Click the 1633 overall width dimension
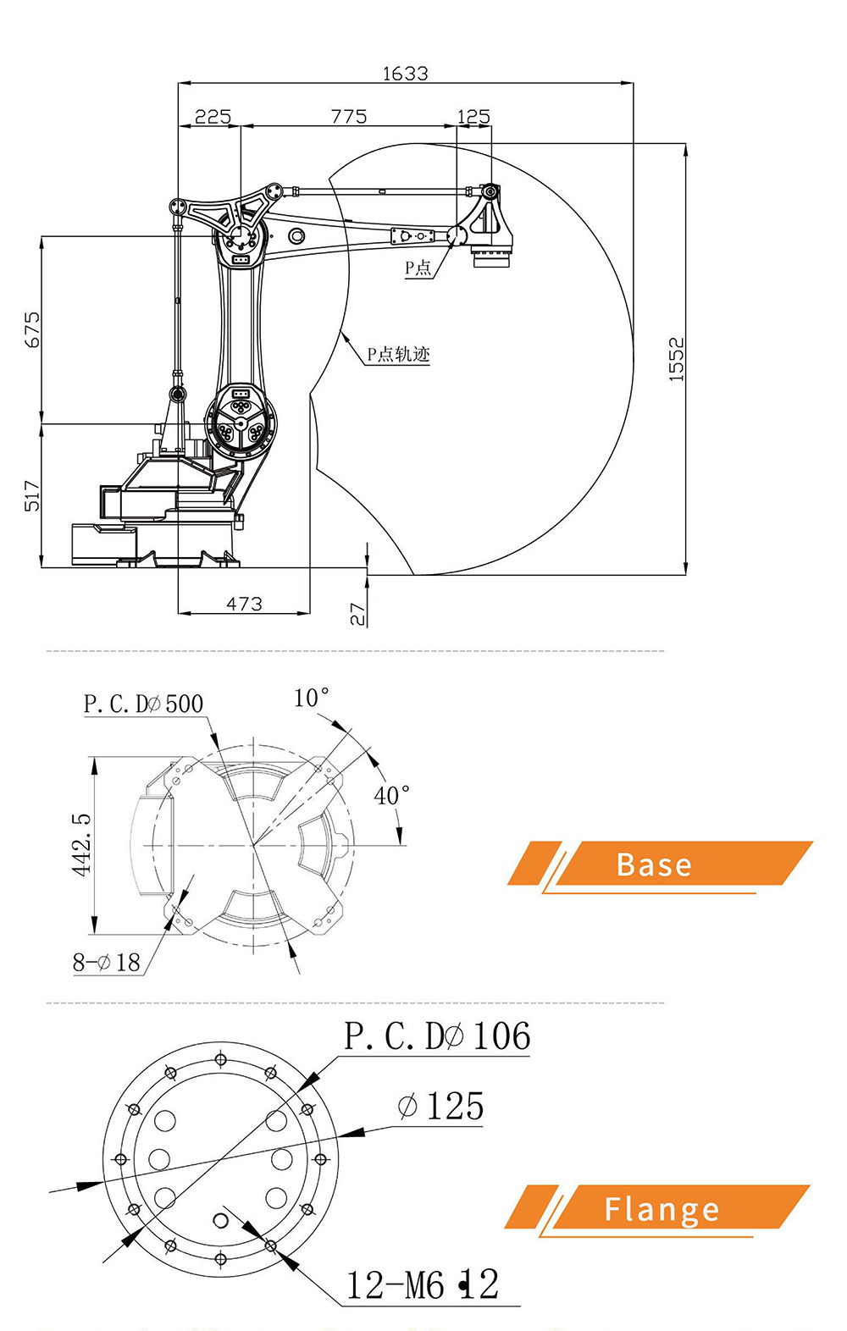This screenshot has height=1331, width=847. [405, 74]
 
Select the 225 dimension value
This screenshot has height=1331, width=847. [213, 116]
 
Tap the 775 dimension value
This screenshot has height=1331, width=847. [349, 116]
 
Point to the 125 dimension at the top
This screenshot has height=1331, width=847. [473, 116]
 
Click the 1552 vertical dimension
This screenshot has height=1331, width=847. [676, 359]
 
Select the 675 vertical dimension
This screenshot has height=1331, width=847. [32, 329]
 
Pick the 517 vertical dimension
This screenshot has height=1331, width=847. [32, 495]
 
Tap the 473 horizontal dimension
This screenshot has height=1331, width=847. [244, 604]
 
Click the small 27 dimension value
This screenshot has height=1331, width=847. [358, 614]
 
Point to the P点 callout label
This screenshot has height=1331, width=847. [418, 268]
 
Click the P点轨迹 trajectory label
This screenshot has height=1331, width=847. [398, 354]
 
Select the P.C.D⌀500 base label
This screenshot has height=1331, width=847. [143, 704]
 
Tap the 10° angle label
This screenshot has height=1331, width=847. [311, 698]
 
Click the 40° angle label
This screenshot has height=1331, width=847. [391, 795]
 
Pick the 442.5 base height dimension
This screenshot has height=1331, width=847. [80, 844]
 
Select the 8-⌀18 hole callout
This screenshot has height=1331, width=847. [106, 963]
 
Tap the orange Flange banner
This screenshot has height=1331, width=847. [661, 1208]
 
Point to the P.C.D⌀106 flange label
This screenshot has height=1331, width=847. [437, 1036]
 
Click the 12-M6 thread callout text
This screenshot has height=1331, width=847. [422, 1285]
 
